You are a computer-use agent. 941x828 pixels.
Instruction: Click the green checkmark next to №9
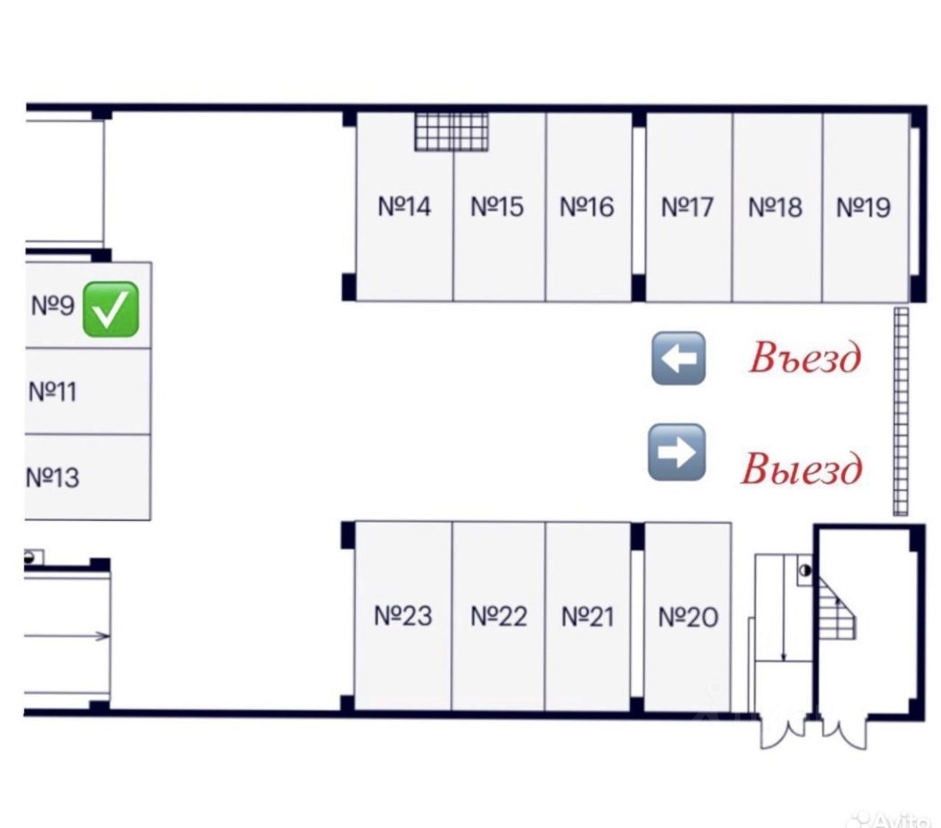111,309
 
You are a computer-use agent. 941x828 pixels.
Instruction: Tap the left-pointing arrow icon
678,358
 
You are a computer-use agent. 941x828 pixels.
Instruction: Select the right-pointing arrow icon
676,452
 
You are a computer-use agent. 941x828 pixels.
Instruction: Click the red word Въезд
804,359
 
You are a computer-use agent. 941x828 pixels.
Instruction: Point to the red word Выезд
801,468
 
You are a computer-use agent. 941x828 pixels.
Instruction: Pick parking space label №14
404,206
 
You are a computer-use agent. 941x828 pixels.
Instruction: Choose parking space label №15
497,206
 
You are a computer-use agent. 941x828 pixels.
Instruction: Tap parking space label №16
587,206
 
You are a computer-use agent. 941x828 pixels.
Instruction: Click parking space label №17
687,207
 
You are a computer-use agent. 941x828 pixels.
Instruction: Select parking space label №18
775,207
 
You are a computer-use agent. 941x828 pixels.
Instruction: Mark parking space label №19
864,207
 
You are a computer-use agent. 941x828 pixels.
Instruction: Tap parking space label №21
587,616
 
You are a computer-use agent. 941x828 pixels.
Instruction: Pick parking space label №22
498,616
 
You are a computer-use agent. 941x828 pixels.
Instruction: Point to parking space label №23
403,616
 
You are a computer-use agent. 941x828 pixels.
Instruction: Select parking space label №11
52,391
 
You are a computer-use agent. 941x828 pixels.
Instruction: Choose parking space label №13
52,478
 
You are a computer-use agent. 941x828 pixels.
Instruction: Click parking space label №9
53,304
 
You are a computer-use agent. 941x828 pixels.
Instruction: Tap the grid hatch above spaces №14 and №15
451,132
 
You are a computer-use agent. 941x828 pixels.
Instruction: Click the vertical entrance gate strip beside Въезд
901,411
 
